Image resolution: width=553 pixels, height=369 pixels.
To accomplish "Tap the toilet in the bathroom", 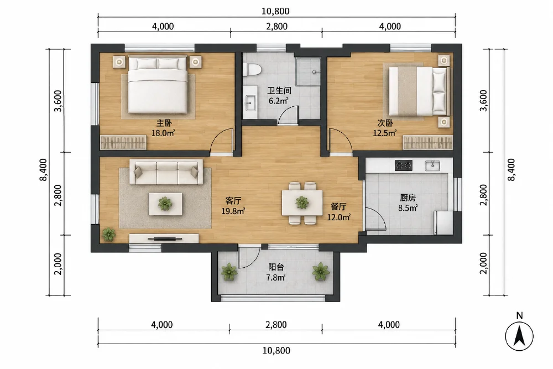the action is (252, 69).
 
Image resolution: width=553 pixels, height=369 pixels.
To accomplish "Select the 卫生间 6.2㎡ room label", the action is (279, 96).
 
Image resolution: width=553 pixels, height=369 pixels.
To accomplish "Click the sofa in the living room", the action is (166, 172).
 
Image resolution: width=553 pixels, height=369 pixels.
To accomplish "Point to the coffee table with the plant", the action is (165, 204).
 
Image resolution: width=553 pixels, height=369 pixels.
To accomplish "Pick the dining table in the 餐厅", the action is (302, 203).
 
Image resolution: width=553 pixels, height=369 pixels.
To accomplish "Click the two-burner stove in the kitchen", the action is (404, 165).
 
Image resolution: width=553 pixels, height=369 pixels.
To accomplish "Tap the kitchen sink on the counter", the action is (432, 165).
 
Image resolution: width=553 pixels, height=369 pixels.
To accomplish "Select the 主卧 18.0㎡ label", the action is (164, 128).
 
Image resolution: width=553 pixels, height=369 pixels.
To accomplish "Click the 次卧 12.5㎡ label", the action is (385, 128).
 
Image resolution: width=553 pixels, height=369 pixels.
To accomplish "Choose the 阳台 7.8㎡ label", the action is (276, 272).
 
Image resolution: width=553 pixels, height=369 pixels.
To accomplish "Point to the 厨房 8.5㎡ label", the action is (408, 202).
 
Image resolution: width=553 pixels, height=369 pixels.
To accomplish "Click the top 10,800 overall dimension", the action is (275, 11).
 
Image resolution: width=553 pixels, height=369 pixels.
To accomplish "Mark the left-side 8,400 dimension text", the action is (43, 170).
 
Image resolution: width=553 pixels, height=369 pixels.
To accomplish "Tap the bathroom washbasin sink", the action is (250, 103).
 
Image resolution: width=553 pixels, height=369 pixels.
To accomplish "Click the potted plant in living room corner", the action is (108, 234).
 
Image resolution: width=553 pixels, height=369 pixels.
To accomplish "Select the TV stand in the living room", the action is (164, 238).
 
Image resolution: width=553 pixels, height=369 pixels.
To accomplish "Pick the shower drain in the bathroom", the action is (314, 72).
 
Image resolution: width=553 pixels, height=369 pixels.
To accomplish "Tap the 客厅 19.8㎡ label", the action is (233, 206).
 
